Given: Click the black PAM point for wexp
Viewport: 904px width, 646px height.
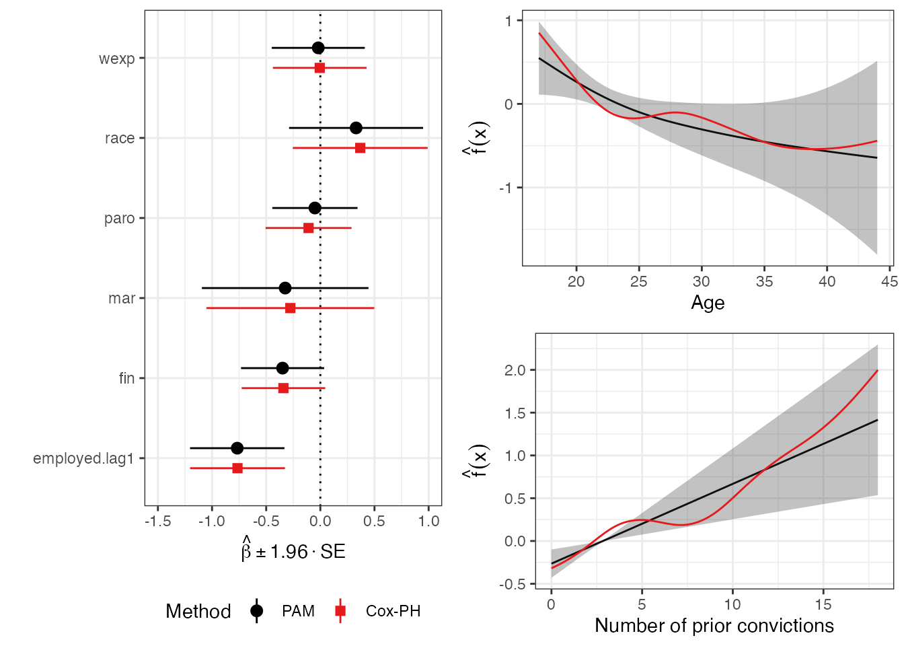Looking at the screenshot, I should coord(318,48).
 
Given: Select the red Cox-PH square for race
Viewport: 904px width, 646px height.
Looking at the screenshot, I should coord(360,148).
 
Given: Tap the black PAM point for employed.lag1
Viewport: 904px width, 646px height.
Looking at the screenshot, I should coord(237,448).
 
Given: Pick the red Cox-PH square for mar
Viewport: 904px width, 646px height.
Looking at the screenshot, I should coord(290,308).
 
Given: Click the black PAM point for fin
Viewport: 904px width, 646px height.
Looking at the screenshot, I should coord(282,368).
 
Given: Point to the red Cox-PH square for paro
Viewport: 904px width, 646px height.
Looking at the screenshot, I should coord(308,228).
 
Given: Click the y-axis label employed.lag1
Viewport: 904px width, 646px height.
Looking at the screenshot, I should coord(83,458).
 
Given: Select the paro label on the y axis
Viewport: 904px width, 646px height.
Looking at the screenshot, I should coord(119,219).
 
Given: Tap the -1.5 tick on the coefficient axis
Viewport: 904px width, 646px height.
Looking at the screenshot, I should coord(157,521).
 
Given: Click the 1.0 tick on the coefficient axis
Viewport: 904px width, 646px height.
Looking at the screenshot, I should coord(428,521).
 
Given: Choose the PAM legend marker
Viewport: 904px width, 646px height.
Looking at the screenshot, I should coord(256,611).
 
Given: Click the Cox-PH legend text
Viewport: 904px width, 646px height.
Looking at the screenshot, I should coord(393,611).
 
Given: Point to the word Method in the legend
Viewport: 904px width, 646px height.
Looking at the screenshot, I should coord(198,611).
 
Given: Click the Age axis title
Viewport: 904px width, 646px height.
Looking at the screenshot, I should coord(708,303).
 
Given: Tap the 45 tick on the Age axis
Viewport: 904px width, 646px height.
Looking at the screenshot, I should coord(889,281).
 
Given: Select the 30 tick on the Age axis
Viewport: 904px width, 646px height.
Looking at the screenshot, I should coord(702,281).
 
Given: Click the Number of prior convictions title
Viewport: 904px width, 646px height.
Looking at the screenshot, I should coord(714,626).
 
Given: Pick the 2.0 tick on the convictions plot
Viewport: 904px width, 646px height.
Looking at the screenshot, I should coord(516,370).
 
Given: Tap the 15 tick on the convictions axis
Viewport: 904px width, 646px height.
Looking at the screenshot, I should coord(823,604).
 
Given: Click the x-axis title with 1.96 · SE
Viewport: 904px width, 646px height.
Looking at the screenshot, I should coord(293,552).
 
